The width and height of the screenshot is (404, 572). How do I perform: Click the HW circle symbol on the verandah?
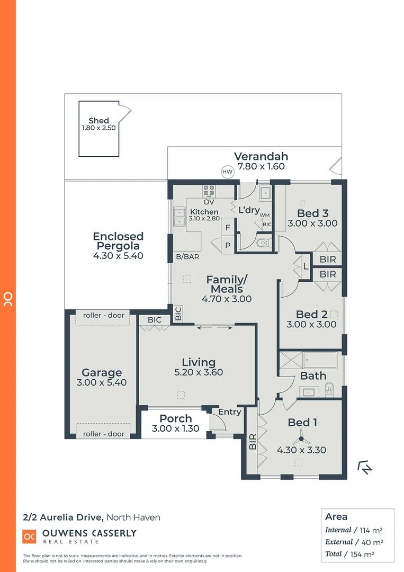(227, 172)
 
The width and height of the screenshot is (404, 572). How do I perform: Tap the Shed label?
(98, 121)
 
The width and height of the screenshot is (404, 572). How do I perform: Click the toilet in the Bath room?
(329, 389)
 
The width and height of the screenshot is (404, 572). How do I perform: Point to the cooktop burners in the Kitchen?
(208, 190)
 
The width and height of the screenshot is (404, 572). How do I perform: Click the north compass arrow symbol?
(365, 467)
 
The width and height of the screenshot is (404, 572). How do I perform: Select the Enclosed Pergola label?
(118, 241)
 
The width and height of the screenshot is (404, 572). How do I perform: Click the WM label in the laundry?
(265, 216)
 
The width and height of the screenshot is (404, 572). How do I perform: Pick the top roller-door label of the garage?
(104, 315)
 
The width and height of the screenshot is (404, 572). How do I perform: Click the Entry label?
(229, 412)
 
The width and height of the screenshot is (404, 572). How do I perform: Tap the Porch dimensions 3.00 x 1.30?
(175, 428)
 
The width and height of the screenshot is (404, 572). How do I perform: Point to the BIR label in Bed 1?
(253, 442)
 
